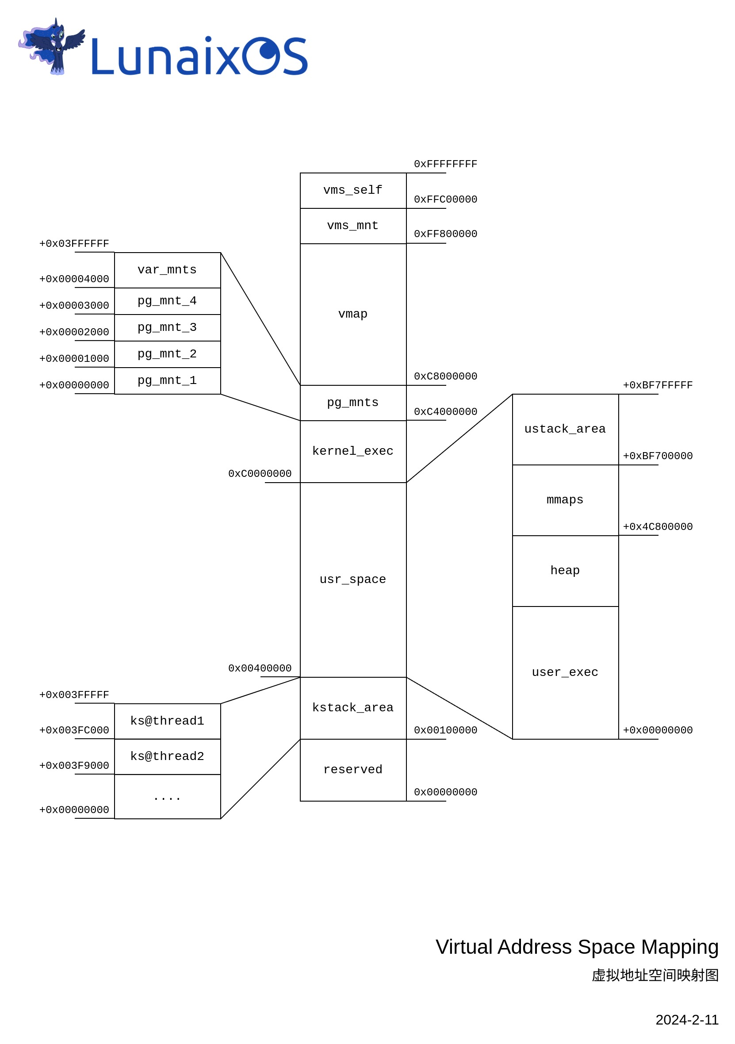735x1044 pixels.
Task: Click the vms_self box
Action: (x=353, y=190)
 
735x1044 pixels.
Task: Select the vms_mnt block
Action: (x=353, y=226)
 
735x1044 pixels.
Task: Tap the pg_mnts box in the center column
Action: (x=353, y=403)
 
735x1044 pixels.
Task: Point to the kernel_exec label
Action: (x=353, y=451)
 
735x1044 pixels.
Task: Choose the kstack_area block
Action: (x=353, y=707)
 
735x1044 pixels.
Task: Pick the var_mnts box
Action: (x=167, y=270)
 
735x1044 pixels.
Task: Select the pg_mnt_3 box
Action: (x=167, y=327)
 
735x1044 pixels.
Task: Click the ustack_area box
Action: (x=565, y=429)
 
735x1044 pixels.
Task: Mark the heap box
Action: (x=565, y=570)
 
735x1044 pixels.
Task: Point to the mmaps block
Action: (x=565, y=500)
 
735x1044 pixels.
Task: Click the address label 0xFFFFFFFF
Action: (x=445, y=164)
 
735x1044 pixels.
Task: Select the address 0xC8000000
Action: (x=445, y=376)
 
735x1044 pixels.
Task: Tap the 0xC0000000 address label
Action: (x=260, y=474)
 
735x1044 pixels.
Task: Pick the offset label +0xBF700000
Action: (x=658, y=456)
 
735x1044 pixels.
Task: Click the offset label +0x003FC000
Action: (x=74, y=730)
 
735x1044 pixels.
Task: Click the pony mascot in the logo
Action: (x=54, y=46)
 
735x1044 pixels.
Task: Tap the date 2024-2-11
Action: (x=687, y=1020)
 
